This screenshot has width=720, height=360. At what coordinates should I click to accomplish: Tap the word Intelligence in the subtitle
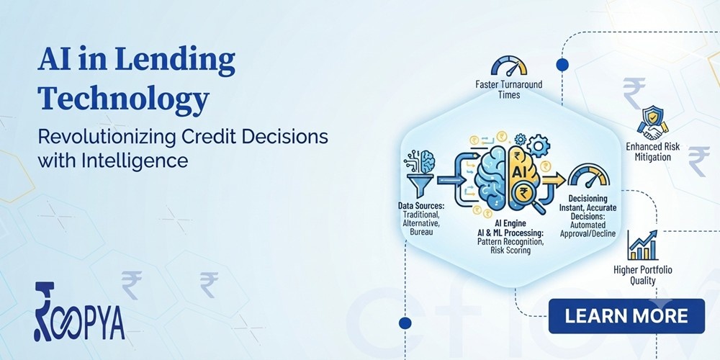(135, 161)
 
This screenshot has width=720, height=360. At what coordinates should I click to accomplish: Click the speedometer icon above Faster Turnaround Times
(509, 66)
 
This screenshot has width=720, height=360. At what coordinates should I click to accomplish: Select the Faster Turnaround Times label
(509, 89)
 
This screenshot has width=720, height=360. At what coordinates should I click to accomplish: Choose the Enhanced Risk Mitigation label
(652, 152)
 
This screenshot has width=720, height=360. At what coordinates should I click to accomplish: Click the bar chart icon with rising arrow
(642, 246)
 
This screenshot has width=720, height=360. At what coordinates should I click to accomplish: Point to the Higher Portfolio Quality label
(642, 274)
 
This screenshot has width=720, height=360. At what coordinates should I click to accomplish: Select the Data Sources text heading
(418, 205)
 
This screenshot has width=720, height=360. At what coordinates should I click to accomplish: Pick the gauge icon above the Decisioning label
(589, 176)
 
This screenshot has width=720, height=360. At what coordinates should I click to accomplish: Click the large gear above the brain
(538, 146)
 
